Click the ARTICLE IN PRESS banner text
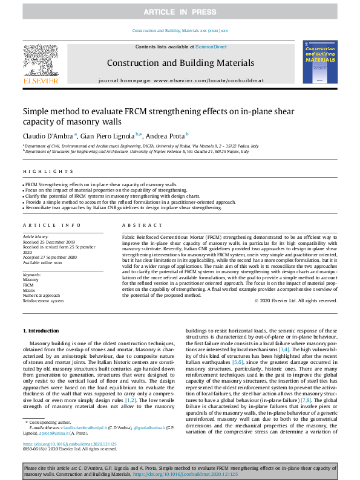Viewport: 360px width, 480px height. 180,12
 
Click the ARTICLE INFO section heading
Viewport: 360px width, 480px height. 45,225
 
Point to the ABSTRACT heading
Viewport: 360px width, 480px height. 135,225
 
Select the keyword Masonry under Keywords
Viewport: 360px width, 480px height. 31,281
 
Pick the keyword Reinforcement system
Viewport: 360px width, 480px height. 43,300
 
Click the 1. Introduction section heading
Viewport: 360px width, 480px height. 41,331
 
